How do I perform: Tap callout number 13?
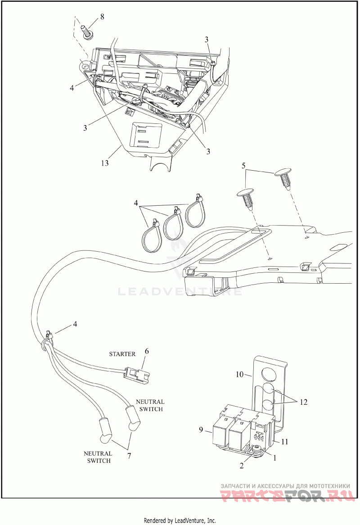pyautogui.click(x=105, y=163)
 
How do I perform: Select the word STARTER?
pyautogui.click(x=122, y=354)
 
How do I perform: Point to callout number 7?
pyautogui.click(x=129, y=456)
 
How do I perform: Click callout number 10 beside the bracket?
pyautogui.click(x=239, y=374)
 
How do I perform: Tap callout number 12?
pyautogui.click(x=303, y=402)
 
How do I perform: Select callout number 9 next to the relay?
pyautogui.click(x=201, y=429)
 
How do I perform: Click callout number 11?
pyautogui.click(x=284, y=442)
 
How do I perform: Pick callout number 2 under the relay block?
pyautogui.click(x=242, y=466)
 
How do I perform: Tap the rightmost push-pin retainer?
pyautogui.click(x=283, y=180)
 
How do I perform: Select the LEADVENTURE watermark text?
pyautogui.click(x=180, y=291)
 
